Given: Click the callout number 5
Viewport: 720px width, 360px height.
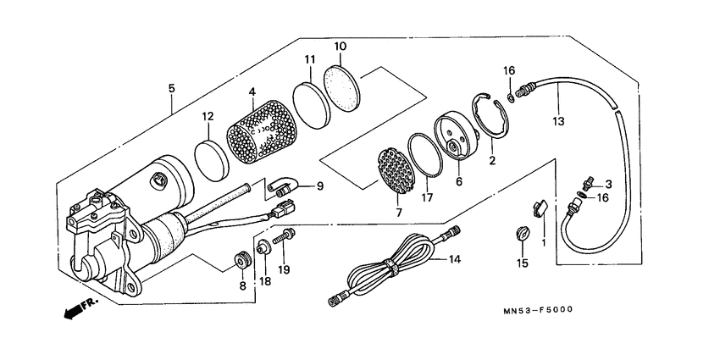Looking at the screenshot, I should [172, 87].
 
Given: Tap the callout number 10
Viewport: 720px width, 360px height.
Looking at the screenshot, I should [341, 46].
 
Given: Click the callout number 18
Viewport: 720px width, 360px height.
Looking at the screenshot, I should [263, 282].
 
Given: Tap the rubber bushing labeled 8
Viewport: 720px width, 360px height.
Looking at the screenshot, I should [241, 261].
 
